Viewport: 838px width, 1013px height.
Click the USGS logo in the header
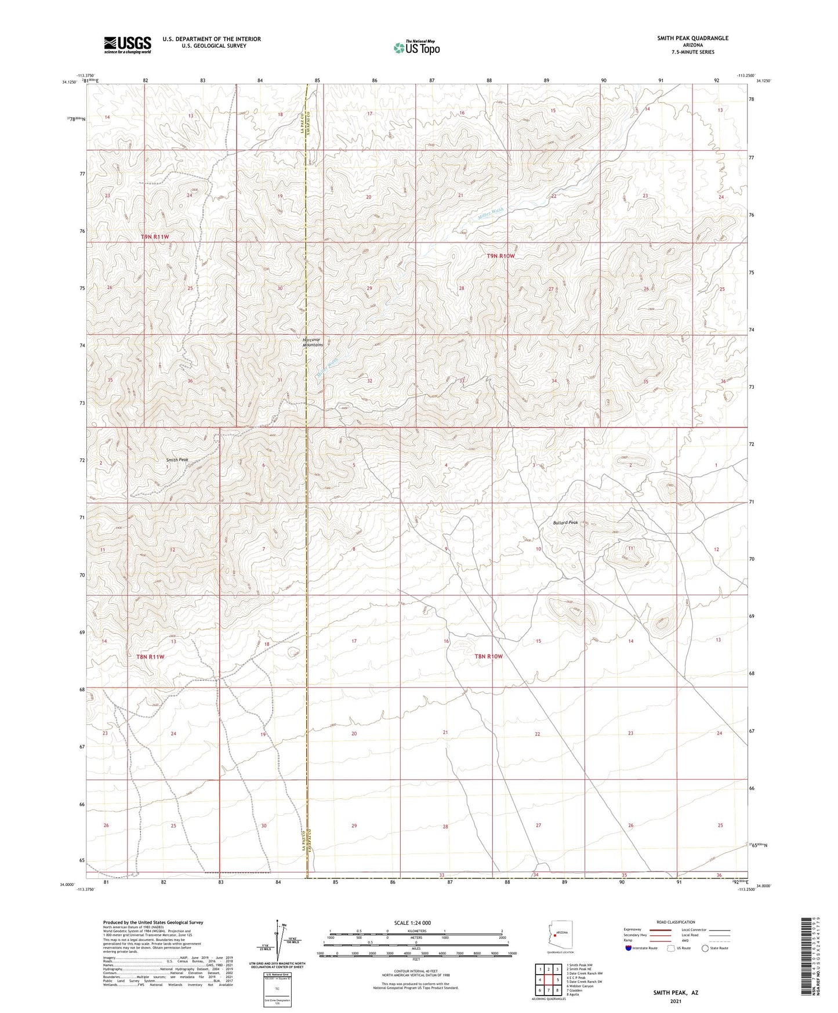point(127,45)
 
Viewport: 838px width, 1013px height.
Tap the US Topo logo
point(416,48)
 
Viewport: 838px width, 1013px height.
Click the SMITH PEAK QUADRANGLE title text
point(692,38)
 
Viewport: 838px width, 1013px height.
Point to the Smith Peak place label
point(177,460)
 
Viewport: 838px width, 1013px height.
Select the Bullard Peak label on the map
point(565,523)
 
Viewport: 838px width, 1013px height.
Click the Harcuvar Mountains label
point(313,342)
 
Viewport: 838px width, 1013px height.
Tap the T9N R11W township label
point(155,237)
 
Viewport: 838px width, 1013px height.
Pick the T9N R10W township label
point(500,256)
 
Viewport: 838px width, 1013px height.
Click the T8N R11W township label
point(150,657)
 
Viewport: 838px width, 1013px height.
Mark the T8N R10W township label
point(488,656)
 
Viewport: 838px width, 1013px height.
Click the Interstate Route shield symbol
point(629,948)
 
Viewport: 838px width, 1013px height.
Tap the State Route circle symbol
point(705,948)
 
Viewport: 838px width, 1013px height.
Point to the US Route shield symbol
point(671,948)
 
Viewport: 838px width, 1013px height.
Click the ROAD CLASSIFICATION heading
point(675,922)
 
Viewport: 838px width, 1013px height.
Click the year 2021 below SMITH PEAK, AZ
point(675,1001)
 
